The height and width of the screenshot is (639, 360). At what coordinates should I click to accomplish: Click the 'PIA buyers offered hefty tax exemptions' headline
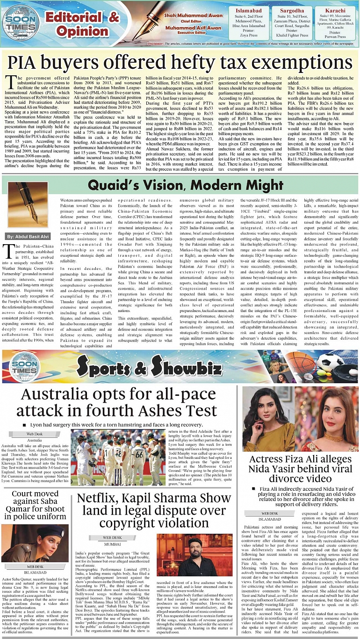pyautogui.click(x=180, y=62)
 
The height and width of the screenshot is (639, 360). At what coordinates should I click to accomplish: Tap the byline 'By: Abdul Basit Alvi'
pyautogui.click(x=25, y=236)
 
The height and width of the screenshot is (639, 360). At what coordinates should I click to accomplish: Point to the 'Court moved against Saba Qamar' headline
pyautogui.click(x=35, y=505)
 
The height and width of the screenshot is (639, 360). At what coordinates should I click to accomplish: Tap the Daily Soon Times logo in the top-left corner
pyautogui.click(x=21, y=21)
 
